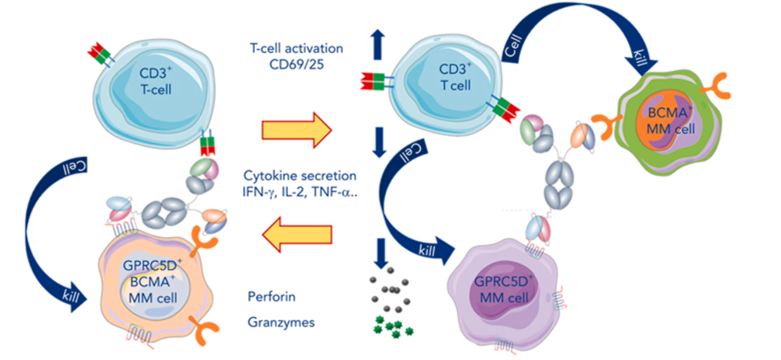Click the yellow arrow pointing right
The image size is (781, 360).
pos(296,131)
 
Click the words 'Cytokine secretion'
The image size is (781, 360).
pos(300,176)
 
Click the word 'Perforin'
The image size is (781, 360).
pos(271,296)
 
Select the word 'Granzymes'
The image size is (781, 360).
pos(281,322)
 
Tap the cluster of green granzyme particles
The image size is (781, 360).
pos(392,327)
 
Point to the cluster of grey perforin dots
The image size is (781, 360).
pos(390,293)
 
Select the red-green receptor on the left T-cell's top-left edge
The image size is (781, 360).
pos(100,54)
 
